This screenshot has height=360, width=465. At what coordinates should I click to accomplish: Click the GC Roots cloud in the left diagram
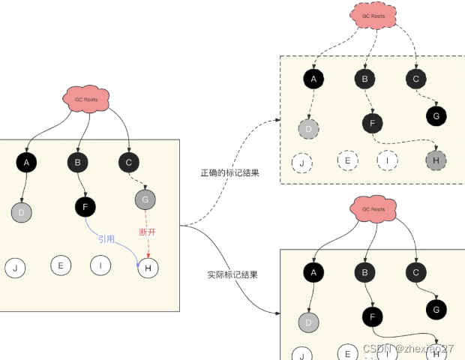click(87, 99)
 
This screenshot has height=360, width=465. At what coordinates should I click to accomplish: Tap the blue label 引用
click(106, 239)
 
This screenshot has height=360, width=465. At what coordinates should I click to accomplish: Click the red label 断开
click(148, 232)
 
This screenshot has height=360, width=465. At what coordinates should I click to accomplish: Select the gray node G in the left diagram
click(145, 199)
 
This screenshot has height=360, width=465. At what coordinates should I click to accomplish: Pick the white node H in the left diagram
click(148, 268)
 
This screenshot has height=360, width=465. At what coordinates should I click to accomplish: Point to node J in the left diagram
click(15, 268)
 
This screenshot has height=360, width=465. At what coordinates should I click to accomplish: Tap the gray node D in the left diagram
click(22, 212)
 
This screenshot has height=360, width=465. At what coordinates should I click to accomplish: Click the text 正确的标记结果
click(230, 173)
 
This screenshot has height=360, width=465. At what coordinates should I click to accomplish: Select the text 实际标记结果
click(232, 274)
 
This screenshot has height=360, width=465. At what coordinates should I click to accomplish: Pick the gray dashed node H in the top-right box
click(435, 160)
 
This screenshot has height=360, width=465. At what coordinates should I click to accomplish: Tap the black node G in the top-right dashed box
click(436, 115)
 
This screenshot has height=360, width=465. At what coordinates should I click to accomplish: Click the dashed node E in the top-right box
click(347, 159)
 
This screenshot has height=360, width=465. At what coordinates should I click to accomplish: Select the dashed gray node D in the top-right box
click(309, 128)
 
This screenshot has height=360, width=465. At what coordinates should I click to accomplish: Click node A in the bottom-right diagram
click(313, 273)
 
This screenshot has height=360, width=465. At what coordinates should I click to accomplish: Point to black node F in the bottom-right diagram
click(371, 316)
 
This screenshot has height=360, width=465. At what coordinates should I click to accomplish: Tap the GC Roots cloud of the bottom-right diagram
click(373, 209)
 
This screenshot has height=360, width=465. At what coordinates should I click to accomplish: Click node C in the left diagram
click(128, 161)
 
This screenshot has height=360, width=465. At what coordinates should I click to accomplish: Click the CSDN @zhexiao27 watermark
click(408, 349)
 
